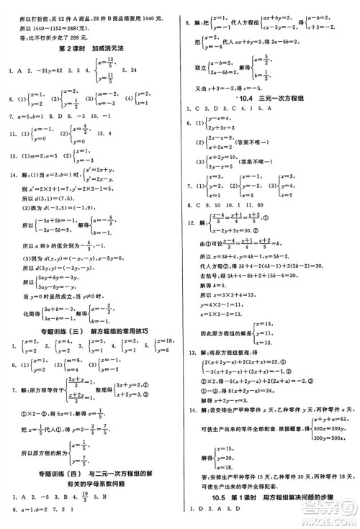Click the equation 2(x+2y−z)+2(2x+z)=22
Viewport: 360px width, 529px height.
point(248,359)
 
